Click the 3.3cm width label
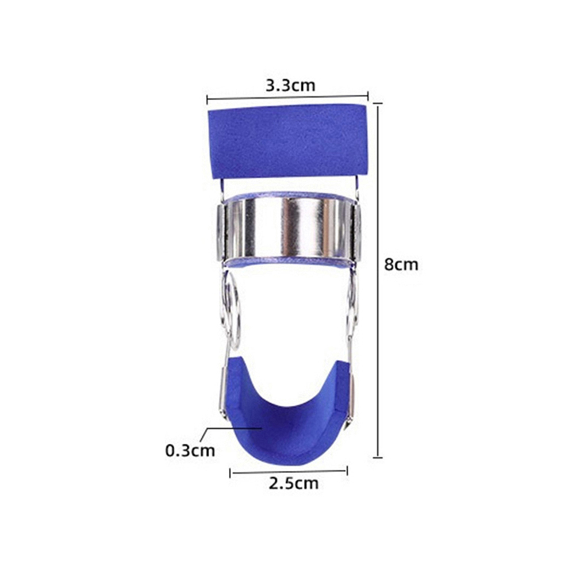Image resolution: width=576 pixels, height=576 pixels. [290, 85]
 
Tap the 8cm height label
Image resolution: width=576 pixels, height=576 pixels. [401, 264]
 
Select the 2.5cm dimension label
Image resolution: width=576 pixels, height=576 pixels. [294, 483]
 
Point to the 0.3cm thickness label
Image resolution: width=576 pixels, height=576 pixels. [190, 450]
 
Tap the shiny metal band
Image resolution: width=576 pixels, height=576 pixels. [289, 228]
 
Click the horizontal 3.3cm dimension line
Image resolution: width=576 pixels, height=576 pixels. [287, 98]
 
